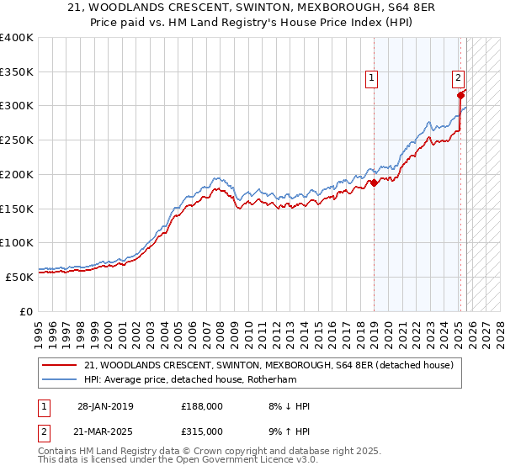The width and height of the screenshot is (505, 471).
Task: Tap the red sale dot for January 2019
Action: pos(374,182)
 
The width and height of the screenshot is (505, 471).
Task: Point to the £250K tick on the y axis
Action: pos(17,140)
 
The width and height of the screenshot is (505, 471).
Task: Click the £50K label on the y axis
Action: pos(19,276)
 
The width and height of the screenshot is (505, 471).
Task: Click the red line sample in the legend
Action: pos(60,365)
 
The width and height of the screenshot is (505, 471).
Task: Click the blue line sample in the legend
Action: pos(60,379)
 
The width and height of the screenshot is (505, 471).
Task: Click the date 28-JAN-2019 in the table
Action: pos(105,406)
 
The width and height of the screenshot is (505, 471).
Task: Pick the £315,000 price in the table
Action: pos(202,431)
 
